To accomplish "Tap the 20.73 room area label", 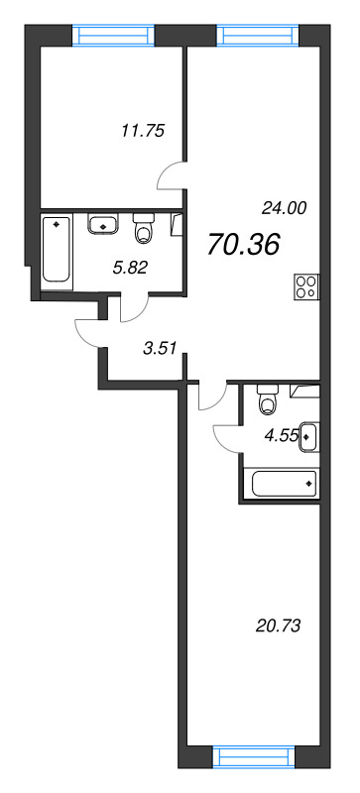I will [x=278, y=625].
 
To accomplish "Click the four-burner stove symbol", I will [x=306, y=286].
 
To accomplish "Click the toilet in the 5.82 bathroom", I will [x=145, y=229].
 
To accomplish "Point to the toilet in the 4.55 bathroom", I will [x=266, y=401].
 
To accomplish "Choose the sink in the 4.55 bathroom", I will [x=308, y=435].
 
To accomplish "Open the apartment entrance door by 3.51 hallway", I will [x=91, y=329].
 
